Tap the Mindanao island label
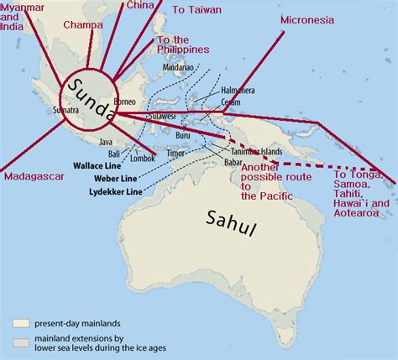178,66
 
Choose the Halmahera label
238,90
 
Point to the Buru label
184,135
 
